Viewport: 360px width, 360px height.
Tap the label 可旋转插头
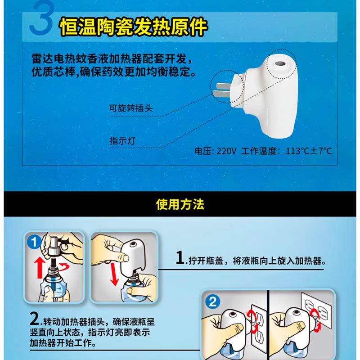(x=130, y=108)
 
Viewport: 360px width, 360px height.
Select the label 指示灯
(x=122, y=140)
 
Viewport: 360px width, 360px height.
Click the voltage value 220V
(x=226, y=151)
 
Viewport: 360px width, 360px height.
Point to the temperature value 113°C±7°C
(x=309, y=151)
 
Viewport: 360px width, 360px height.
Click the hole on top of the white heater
(x=280, y=63)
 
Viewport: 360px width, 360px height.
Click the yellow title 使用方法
(x=180, y=204)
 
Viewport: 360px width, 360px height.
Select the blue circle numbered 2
(x=212, y=301)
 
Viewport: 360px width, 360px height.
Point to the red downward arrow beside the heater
(x=114, y=274)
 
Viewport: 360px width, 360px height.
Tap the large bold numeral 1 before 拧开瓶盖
(x=180, y=257)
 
